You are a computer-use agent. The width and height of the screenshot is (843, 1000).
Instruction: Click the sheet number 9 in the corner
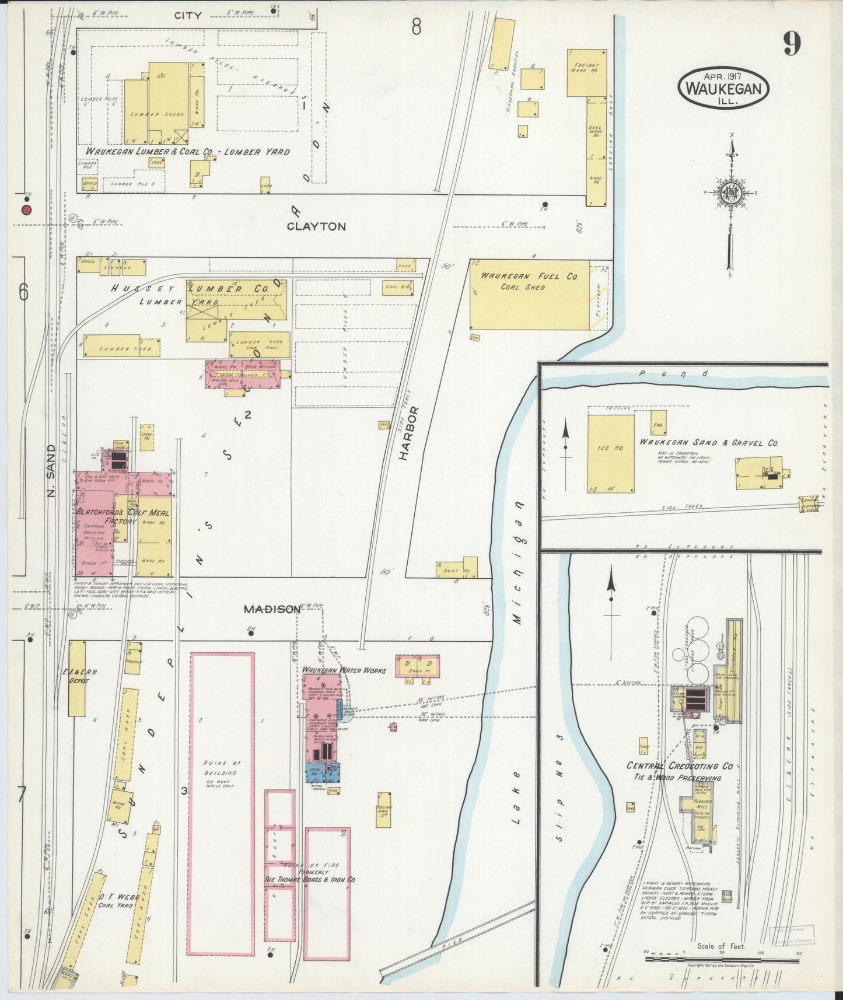tap(792, 44)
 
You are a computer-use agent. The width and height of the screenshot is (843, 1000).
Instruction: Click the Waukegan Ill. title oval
tap(723, 88)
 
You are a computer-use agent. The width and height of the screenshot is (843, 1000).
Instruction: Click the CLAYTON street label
tap(316, 226)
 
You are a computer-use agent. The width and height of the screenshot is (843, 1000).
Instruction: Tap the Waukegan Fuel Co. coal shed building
tap(530, 295)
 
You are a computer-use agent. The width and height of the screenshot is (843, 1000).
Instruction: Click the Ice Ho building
tap(611, 454)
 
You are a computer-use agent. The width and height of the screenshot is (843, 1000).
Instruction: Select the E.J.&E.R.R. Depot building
tap(77, 679)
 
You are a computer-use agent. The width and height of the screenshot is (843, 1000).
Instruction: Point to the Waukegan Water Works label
tap(344, 670)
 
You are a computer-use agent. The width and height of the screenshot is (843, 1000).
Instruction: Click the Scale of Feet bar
tap(722, 959)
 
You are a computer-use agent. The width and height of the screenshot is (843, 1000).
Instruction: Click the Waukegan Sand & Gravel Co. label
tap(708, 443)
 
